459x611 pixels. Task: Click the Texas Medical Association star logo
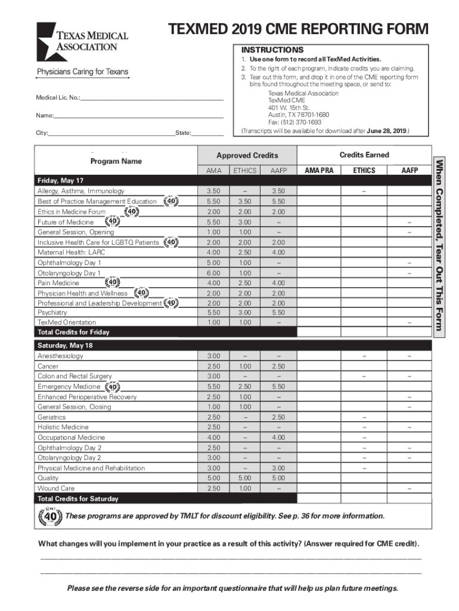click(x=52, y=41)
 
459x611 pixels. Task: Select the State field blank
click(x=207, y=133)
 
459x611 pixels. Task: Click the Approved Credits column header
click(x=247, y=156)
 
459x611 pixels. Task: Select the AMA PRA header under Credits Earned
click(x=319, y=171)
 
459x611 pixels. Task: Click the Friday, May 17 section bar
click(x=61, y=180)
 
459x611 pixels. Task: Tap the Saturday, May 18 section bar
click(x=65, y=345)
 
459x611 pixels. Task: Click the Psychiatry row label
click(x=52, y=313)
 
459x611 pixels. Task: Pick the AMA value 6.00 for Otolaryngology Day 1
click(x=213, y=273)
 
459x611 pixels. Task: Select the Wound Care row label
click(x=56, y=488)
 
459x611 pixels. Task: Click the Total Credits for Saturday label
click(x=77, y=499)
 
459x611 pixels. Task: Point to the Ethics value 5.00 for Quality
click(x=245, y=478)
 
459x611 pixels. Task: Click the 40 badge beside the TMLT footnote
click(x=49, y=516)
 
